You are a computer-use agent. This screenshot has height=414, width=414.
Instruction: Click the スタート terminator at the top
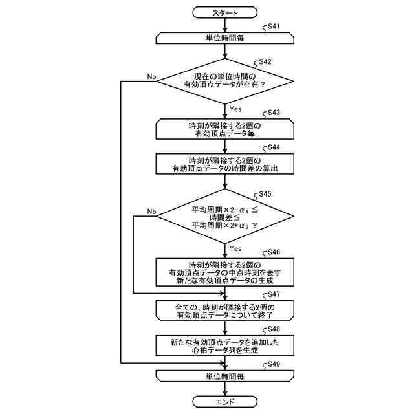pos(224,13)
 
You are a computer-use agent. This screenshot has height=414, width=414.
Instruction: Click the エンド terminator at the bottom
pos(224,402)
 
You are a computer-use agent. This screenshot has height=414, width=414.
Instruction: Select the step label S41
pos(274,26)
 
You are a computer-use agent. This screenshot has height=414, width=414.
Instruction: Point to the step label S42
pos(265,61)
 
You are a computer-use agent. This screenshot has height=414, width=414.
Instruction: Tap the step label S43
pos(274,113)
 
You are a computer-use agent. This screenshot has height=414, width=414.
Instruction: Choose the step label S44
pos(274,147)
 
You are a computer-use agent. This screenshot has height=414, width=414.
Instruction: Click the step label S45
pos(265,194)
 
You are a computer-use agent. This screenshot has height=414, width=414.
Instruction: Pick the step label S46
pos(274,252)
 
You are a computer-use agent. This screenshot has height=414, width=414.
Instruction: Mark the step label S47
pos(274,294)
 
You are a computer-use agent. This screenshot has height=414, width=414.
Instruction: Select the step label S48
pos(274,329)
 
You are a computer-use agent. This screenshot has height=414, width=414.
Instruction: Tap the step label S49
pos(274,364)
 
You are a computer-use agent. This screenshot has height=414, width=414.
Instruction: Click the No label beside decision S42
pos(151,76)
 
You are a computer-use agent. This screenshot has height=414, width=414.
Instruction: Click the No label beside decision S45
pos(151,212)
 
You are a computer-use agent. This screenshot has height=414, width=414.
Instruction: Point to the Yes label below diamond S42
pos(235,109)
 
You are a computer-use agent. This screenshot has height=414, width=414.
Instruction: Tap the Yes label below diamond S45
pos(235,248)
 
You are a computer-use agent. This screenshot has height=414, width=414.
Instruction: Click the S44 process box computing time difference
pos(224,164)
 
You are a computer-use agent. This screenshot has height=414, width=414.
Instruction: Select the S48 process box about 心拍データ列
pos(224,346)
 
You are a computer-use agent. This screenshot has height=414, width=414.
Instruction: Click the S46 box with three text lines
pos(224,272)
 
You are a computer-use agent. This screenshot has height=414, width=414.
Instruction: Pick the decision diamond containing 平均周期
pos(224,216)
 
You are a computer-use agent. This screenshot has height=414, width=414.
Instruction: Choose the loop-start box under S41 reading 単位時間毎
pos(224,38)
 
